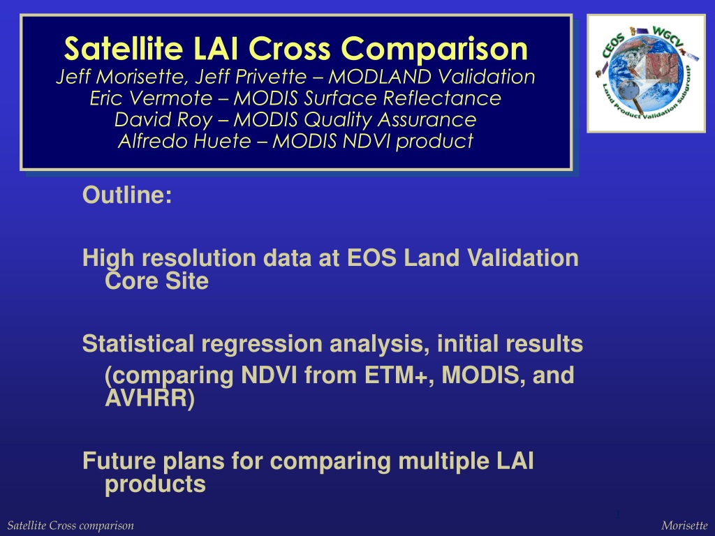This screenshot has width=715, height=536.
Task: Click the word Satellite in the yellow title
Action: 123,48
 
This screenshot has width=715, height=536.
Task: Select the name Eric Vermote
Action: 151,98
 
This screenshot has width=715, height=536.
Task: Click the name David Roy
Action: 163,119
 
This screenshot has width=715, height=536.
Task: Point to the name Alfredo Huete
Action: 184,141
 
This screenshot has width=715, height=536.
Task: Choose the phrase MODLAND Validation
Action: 432,77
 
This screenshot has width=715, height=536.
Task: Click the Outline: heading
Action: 127,195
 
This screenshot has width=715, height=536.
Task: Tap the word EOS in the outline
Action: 371,258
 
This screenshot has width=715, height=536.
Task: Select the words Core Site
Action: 156,281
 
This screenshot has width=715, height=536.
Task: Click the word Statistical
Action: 138,343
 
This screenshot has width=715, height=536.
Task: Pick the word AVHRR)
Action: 149,399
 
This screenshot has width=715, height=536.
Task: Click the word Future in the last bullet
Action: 119,461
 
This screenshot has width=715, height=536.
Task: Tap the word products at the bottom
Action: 155,484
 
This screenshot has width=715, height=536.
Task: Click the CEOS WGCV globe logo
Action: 646,73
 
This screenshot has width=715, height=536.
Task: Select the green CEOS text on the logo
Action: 614,46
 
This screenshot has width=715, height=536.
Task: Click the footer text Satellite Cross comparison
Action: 71,526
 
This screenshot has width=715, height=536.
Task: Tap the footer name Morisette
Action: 684,526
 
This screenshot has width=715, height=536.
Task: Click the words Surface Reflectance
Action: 403,98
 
